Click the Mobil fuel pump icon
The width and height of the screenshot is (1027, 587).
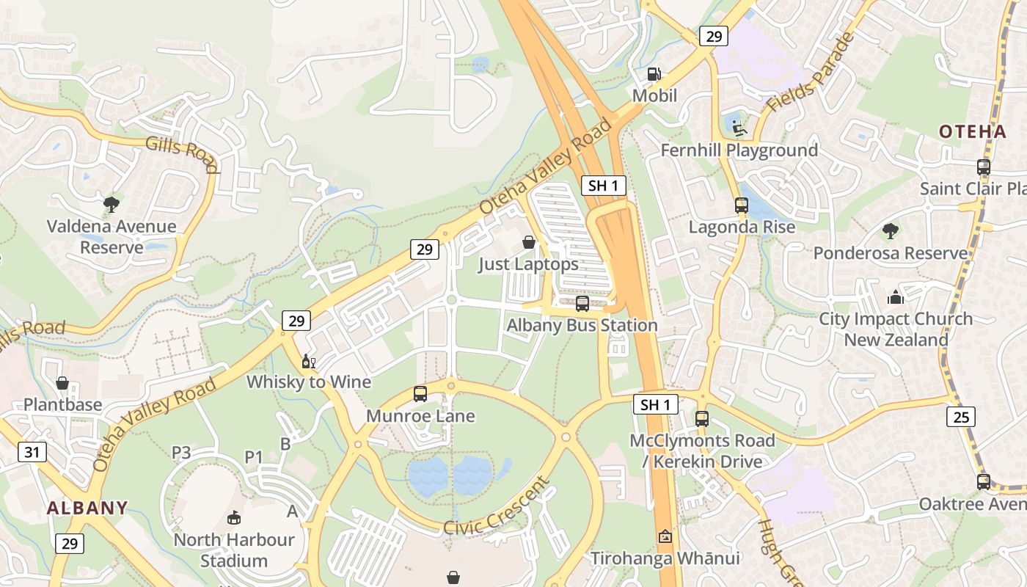pos(654,74)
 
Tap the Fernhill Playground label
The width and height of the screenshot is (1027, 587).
pos(739,150)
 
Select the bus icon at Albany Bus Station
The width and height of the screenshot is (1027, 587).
pos(582,303)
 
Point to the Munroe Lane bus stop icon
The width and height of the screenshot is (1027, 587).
pos(420,394)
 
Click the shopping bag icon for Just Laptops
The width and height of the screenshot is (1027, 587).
pos(528,242)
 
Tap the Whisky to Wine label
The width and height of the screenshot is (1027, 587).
pos(308,382)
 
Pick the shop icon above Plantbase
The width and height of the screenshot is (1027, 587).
pos(62,383)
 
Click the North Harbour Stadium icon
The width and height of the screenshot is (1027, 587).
pos(234,518)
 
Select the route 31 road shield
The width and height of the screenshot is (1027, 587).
pos(32,452)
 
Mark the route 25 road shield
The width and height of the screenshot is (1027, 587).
pos(960,417)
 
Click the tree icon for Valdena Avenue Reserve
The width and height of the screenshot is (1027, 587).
pos(112,204)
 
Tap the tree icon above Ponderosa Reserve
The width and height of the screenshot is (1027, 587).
pos(890,231)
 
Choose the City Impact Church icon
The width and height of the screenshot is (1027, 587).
pos(895,297)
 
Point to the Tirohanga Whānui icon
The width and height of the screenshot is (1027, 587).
pos(665,536)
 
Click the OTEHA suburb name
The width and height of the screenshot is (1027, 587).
pos(973,132)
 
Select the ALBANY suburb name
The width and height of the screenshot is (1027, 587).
pos(87,508)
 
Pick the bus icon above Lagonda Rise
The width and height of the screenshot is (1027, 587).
pos(742,205)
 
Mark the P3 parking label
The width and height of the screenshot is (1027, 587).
pos(181,453)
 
